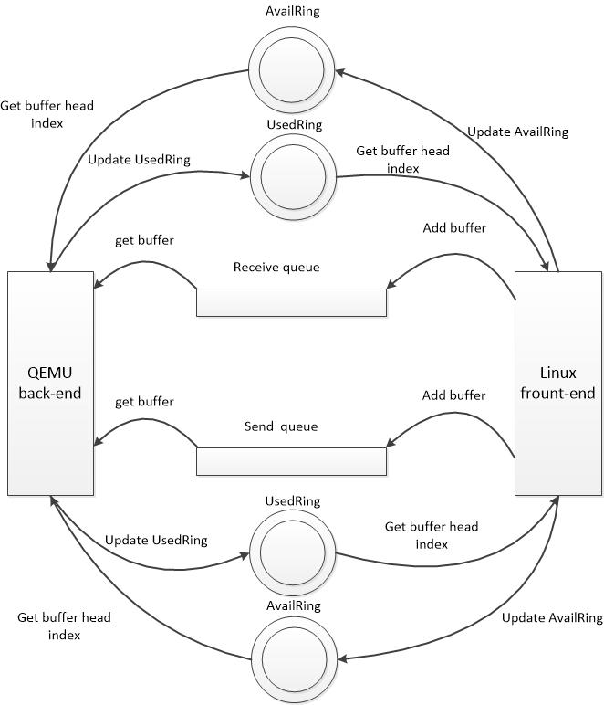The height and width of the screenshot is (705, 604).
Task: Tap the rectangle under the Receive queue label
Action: tap(291, 302)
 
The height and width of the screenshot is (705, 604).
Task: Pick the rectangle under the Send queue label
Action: tap(291, 461)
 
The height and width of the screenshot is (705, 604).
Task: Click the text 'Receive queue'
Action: tap(276, 268)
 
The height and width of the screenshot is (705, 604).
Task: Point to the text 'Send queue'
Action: tap(281, 426)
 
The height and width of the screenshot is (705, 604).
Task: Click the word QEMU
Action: tap(50, 374)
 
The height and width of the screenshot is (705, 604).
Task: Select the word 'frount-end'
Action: tap(558, 394)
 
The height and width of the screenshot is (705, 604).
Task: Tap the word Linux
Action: tap(558, 374)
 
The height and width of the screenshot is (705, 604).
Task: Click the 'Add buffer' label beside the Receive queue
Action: tap(454, 227)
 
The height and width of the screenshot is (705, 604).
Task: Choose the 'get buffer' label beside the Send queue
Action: tap(144, 401)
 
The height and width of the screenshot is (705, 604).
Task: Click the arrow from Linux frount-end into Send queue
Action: tap(447, 420)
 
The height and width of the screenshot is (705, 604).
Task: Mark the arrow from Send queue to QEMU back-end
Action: tap(146, 422)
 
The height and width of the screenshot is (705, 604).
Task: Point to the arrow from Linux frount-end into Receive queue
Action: tap(447, 260)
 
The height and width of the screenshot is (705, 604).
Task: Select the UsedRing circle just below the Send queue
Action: tap(292, 552)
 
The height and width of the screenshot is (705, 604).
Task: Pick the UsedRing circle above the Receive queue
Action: tap(292, 176)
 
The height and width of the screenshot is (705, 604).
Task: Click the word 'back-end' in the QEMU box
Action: tap(50, 394)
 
